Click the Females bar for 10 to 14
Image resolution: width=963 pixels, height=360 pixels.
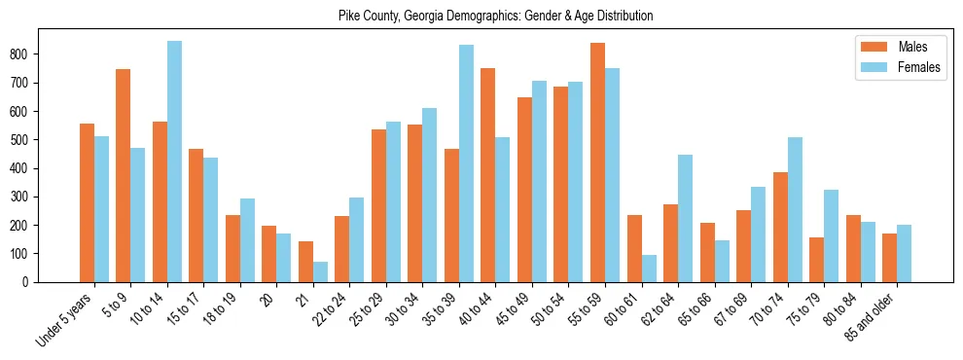click(174, 162)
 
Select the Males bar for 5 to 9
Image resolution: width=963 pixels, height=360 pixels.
click(124, 175)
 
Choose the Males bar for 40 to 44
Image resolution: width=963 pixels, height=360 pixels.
click(488, 175)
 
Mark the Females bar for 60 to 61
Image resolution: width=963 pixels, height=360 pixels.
click(649, 269)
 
